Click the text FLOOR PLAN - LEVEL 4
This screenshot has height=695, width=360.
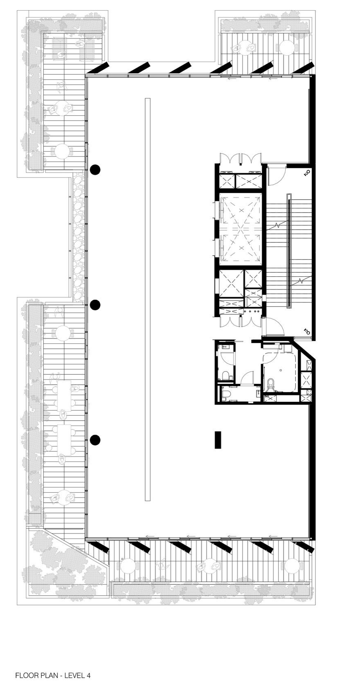[x=53, y=675]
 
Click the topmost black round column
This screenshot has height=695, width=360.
[x=95, y=169]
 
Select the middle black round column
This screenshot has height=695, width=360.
[x=95, y=305]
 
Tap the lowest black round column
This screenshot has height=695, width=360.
[x=95, y=440]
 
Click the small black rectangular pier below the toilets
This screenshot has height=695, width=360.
[x=218, y=440]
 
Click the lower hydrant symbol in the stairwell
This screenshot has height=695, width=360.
[x=307, y=331]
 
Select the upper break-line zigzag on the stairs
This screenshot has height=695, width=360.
[x=278, y=224]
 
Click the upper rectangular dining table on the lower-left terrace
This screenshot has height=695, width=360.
[x=64, y=395]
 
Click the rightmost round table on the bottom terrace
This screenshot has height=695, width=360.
[x=292, y=566]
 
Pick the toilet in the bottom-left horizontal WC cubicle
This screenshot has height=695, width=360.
[x=226, y=394]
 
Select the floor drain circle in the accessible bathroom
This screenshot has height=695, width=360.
[x=281, y=370]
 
